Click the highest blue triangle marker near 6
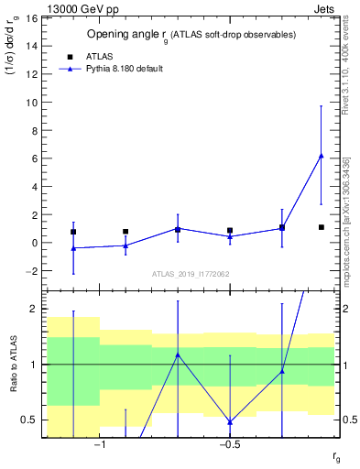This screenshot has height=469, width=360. coord(321,156)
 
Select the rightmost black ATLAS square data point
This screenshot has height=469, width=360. coord(322,227)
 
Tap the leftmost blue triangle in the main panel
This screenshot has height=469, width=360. coord(73,248)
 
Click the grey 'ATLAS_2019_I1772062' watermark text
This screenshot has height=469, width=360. coord(191,274)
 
